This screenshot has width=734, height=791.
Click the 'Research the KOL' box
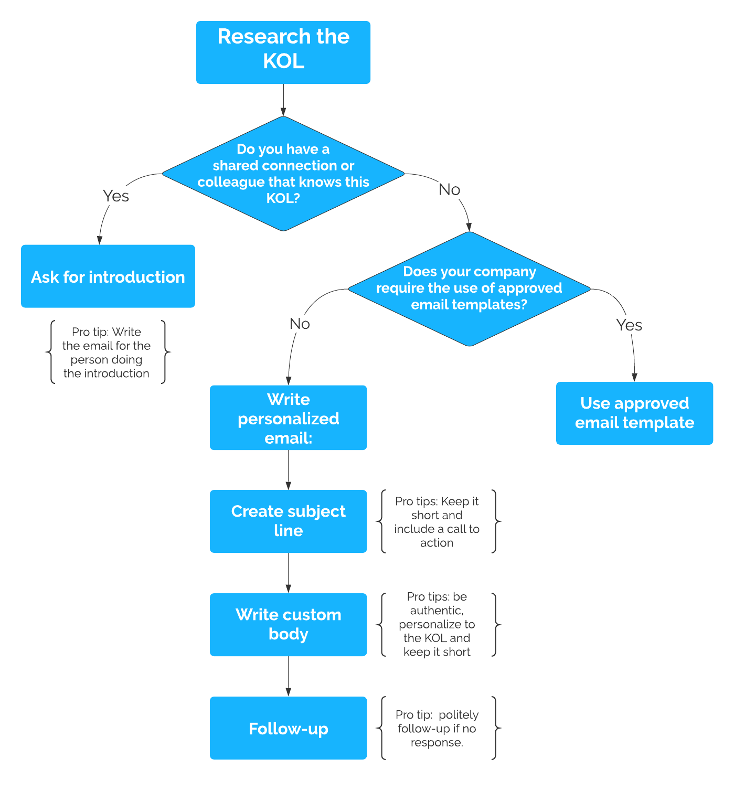click(283, 52)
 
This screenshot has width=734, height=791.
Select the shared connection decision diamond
click(283, 174)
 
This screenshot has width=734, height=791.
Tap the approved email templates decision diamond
click(469, 289)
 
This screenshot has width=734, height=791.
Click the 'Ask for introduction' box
click(108, 276)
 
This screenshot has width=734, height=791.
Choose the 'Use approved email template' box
click(634, 413)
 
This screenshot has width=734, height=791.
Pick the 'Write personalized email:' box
click(288, 418)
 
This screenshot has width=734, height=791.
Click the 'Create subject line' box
click(288, 521)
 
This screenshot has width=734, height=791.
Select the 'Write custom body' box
click(288, 625)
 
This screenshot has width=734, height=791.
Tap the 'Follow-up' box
click(288, 728)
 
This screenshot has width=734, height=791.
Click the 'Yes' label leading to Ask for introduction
click(116, 196)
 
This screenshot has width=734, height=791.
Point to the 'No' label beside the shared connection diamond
click(449, 189)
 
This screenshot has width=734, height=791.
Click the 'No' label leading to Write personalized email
click(300, 324)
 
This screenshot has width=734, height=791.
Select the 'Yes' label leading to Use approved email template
click(629, 325)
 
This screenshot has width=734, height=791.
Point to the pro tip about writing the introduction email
click(107, 352)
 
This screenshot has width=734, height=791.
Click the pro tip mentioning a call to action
click(437, 522)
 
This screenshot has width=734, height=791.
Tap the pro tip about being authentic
click(437, 625)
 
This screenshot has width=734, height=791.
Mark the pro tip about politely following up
click(437, 729)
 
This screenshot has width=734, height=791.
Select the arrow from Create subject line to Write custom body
click(288, 573)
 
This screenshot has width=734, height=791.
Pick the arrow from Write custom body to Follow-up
click(288, 676)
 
